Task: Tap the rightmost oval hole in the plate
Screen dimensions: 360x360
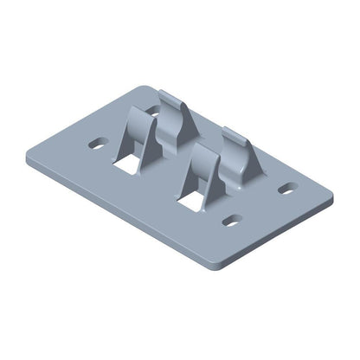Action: pos(286,187)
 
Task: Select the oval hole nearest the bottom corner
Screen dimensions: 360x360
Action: pos(231,221)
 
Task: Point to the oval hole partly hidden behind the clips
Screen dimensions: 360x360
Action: pos(154,110)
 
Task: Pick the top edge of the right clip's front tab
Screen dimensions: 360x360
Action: pos(201,147)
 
